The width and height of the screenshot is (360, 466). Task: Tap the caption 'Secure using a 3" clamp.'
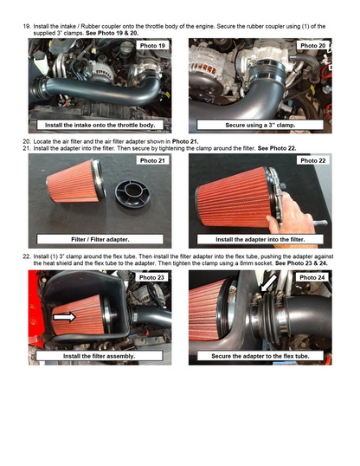[x=260, y=126]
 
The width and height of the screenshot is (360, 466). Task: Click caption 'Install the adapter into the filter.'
[x=260, y=239]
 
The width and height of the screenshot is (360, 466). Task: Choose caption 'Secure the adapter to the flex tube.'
[x=260, y=355]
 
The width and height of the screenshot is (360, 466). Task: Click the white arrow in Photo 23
[x=63, y=318]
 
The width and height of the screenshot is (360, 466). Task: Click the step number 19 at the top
[x=26, y=26]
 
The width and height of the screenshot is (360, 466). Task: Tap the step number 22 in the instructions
[x=26, y=257]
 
